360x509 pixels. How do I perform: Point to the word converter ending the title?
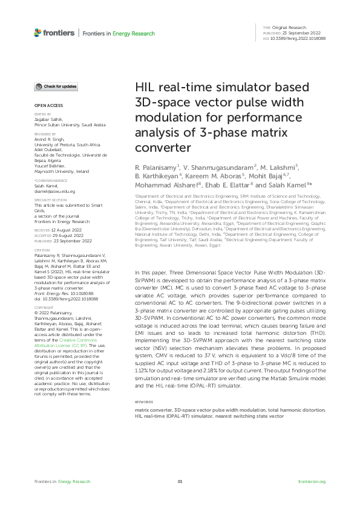click(162, 147)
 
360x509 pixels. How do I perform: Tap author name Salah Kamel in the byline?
click(291, 186)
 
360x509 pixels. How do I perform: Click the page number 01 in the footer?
click(180, 481)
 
